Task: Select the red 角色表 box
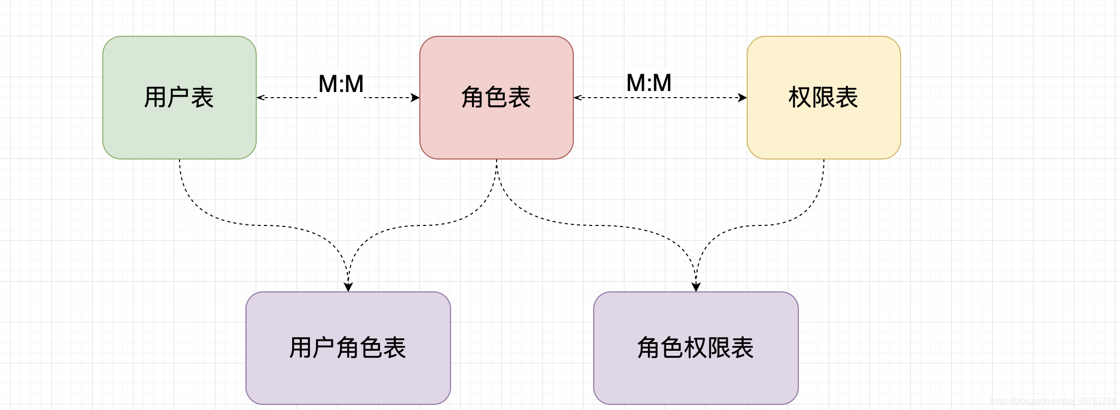pyautogui.click(x=496, y=128)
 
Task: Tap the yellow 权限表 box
pyautogui.click(x=823, y=128)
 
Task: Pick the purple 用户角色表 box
pyautogui.click(x=348, y=378)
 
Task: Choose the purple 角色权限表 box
pyautogui.click(x=696, y=378)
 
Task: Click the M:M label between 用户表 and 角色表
pyautogui.click(x=341, y=84)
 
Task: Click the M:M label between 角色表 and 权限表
pyautogui.click(x=649, y=83)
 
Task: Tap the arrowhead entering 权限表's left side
pyautogui.click(x=743, y=98)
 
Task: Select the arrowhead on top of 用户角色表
pyautogui.click(x=348, y=287)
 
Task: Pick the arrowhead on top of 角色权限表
pyautogui.click(x=696, y=287)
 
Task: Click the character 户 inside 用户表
pyautogui.click(x=178, y=97)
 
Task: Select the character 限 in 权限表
pyautogui.click(x=823, y=97)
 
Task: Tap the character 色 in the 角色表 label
pyautogui.click(x=496, y=97)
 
